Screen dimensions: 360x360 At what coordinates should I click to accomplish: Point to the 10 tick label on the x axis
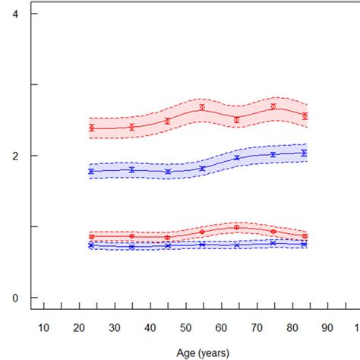(x=43, y=327)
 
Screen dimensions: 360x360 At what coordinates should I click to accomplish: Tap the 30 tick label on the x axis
(x=114, y=327)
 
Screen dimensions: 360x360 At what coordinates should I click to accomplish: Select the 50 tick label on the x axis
(x=185, y=327)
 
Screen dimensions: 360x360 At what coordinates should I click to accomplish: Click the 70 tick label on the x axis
(x=256, y=327)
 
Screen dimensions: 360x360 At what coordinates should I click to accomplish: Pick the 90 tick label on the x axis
(x=327, y=327)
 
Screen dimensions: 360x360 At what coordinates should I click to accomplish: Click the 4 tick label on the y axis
(x=14, y=14)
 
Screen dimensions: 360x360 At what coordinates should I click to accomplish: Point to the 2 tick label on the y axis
(x=14, y=156)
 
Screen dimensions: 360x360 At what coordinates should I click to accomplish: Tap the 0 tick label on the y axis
(x=14, y=298)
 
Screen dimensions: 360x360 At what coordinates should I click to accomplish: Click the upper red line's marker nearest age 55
(x=202, y=107)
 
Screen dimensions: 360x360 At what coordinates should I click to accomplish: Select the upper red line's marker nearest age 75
(x=273, y=107)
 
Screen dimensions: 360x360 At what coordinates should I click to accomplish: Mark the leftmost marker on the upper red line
(x=91, y=128)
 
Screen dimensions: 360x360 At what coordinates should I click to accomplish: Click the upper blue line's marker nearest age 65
(x=237, y=158)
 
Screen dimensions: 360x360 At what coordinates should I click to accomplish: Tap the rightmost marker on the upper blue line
(x=305, y=153)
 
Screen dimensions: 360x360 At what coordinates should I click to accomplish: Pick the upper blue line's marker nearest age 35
(x=132, y=170)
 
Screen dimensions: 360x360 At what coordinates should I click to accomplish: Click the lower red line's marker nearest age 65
(x=237, y=227)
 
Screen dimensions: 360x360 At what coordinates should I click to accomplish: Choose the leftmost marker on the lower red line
(x=91, y=236)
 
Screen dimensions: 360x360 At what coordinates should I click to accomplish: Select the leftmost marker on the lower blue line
(x=91, y=245)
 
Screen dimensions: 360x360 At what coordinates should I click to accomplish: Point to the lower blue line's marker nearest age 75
(x=273, y=243)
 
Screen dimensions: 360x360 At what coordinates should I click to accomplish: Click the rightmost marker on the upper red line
(x=305, y=116)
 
